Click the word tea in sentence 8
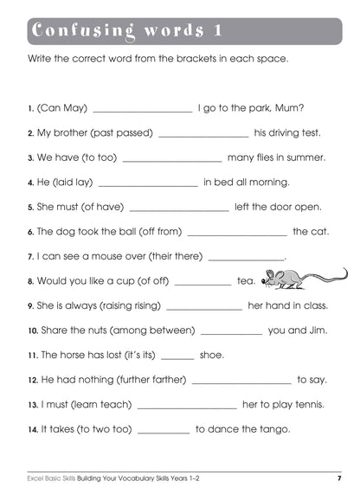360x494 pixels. pyautogui.click(x=247, y=280)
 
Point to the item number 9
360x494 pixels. pyautogui.click(x=30, y=305)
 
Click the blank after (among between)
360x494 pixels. pyautogui.click(x=226, y=331)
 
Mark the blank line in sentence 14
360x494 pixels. pyautogui.click(x=164, y=430)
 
